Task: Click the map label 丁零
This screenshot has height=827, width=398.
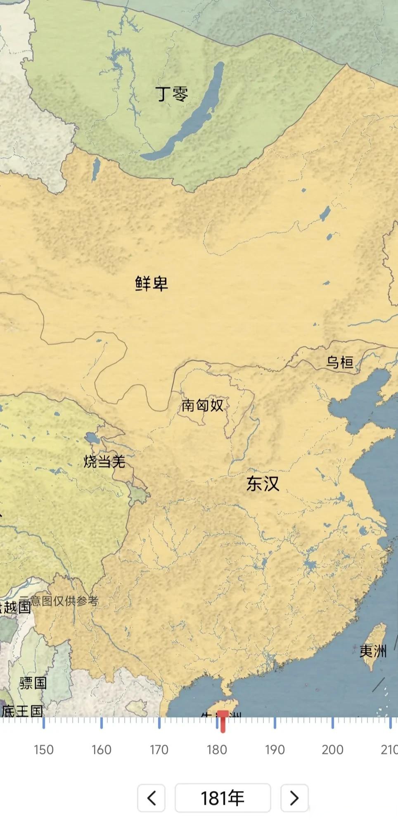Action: (172, 94)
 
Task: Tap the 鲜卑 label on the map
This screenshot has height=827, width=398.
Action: (152, 283)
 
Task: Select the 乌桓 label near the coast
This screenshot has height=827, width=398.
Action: (340, 362)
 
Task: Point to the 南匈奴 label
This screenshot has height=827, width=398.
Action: (202, 405)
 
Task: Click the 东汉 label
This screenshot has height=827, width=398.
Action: (263, 483)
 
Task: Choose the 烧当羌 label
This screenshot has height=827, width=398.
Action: (104, 461)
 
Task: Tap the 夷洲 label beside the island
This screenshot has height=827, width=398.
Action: (372, 651)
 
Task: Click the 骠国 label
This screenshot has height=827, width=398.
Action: (33, 683)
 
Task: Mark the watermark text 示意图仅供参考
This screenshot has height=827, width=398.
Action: (60, 601)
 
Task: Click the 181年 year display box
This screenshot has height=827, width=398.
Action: (223, 798)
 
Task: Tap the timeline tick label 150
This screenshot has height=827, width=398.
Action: (43, 749)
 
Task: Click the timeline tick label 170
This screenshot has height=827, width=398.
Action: (159, 749)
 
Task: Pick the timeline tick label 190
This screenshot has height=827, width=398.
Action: (275, 749)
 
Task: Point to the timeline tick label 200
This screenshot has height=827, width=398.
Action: (332, 749)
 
